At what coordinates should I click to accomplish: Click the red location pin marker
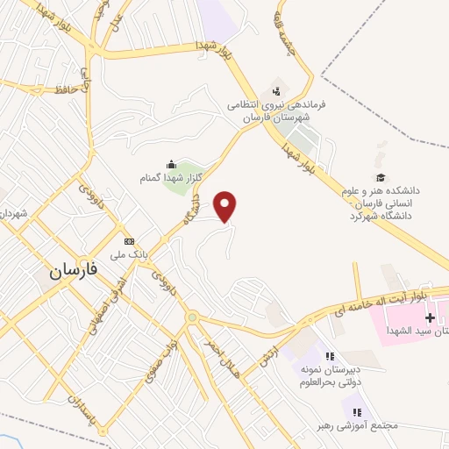tap(227, 207)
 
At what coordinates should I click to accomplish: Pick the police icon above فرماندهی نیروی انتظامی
tap(277, 89)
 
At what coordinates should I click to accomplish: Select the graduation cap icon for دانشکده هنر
tap(380, 176)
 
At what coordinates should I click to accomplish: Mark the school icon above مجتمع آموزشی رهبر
tap(357, 410)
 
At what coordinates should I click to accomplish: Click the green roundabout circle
tap(192, 317)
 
